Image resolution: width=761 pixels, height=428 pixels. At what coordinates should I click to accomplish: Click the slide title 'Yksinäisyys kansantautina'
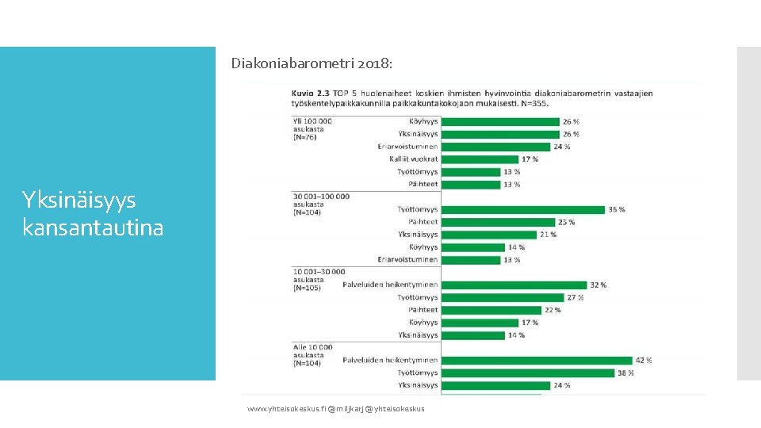point(94,213)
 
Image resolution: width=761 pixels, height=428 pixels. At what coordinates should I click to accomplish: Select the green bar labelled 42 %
point(537,360)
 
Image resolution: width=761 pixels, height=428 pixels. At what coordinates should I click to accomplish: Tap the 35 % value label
point(616,209)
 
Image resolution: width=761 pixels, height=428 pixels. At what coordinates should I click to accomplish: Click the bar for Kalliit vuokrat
point(480,159)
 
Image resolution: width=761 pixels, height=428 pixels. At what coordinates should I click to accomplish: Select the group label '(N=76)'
point(304,137)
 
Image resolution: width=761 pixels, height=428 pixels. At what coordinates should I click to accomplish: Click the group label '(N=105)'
point(307,288)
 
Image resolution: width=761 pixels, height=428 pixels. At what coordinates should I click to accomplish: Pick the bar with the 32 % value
point(514,285)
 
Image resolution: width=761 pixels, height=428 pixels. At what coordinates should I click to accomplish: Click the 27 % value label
point(575,297)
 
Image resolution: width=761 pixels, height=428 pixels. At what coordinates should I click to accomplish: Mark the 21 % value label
point(548,235)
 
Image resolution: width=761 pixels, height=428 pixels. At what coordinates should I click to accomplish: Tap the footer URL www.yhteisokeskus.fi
point(285,408)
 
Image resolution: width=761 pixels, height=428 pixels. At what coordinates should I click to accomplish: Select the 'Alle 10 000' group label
point(312,347)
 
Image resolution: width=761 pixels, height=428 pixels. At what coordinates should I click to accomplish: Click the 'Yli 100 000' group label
point(312,120)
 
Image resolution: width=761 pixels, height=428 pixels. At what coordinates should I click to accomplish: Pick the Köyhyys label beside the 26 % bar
point(423,121)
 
